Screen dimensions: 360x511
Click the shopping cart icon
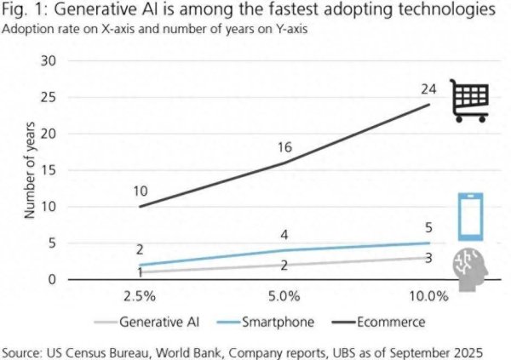tap(468, 102)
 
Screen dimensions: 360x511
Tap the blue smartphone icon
tap(470, 218)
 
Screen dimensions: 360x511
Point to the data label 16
tap(284, 148)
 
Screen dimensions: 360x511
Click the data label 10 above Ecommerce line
tap(141, 191)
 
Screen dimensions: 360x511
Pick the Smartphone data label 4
tap(284, 234)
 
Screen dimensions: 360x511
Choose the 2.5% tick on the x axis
tap(141, 296)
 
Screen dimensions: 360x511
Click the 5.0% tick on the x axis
tap(284, 296)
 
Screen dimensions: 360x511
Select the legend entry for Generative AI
tap(154, 322)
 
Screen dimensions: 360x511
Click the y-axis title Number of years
tap(30, 170)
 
